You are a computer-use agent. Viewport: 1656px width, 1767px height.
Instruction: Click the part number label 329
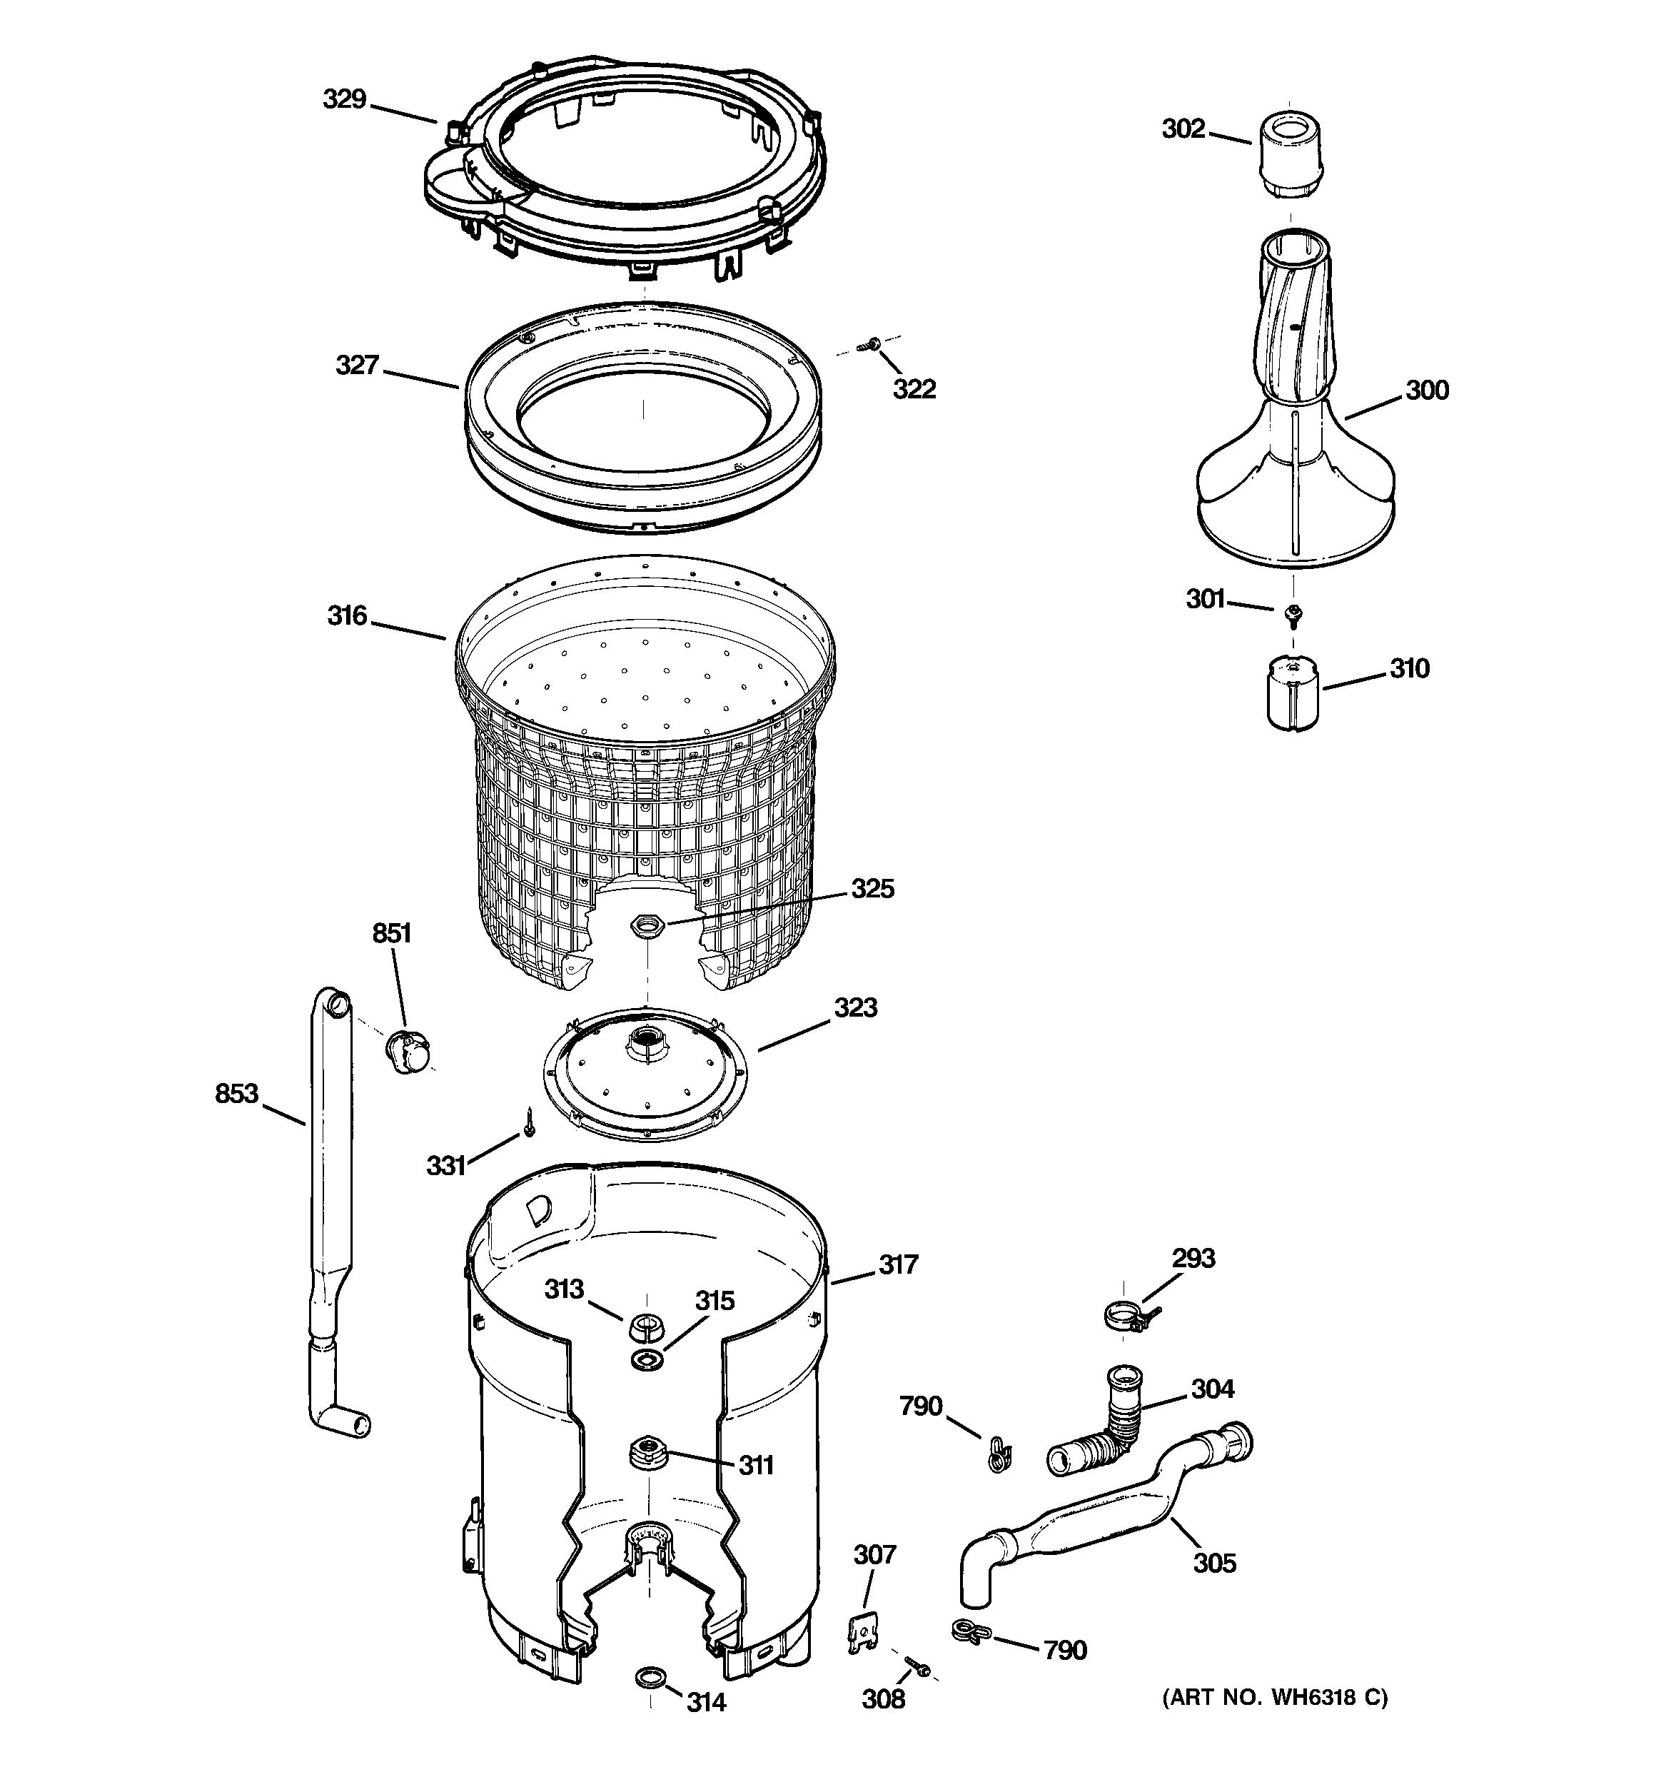coord(344,99)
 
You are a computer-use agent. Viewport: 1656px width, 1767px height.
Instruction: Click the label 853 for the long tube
coord(236,1093)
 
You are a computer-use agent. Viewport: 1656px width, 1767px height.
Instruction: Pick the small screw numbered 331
coord(529,1124)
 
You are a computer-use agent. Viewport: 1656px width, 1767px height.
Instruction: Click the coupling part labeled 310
coord(1291,693)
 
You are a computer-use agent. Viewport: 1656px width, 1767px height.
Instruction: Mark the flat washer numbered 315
coord(647,1360)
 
